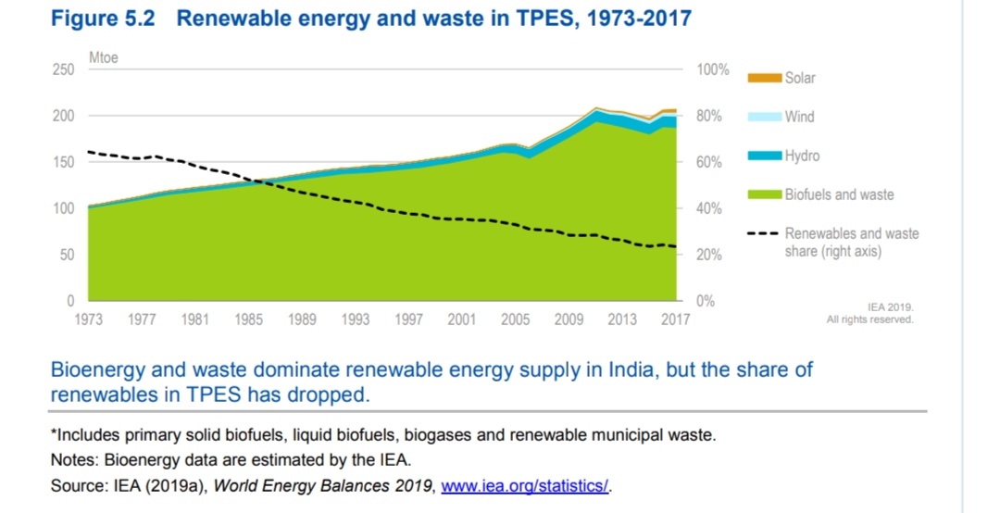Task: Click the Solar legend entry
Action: [x=800, y=78]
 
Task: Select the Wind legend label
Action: [x=800, y=117]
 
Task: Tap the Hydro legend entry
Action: [x=802, y=156]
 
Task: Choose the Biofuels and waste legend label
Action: [x=839, y=194]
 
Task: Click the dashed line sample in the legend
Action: [x=764, y=233]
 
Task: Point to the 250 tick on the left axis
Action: [x=63, y=70]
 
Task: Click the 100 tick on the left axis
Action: [x=63, y=208]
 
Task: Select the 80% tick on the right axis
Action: [x=708, y=117]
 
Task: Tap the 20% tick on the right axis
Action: [x=708, y=255]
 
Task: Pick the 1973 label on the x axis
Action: [x=89, y=319]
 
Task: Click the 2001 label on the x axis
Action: [x=462, y=319]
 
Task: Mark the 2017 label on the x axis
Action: [x=675, y=319]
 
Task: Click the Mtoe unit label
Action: [x=104, y=57]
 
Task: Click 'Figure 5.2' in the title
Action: [x=103, y=19]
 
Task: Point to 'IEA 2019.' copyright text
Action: [x=890, y=307]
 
